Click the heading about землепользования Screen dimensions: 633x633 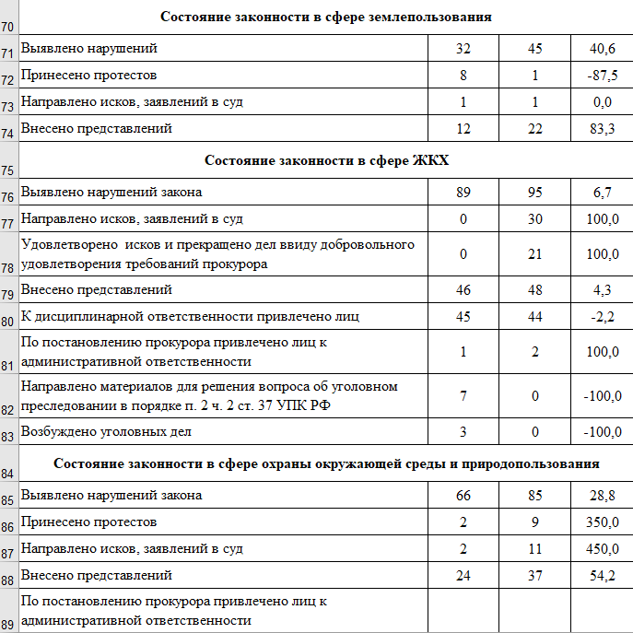point(325,17)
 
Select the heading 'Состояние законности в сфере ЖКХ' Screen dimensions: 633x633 point(325,160)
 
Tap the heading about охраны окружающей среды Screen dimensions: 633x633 point(325,463)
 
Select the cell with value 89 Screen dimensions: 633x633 point(463,193)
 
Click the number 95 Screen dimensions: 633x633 point(534,193)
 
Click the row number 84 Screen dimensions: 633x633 point(8,474)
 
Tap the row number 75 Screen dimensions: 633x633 point(8,170)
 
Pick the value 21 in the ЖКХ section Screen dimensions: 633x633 point(534,254)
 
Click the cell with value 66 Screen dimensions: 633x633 point(463,496)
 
